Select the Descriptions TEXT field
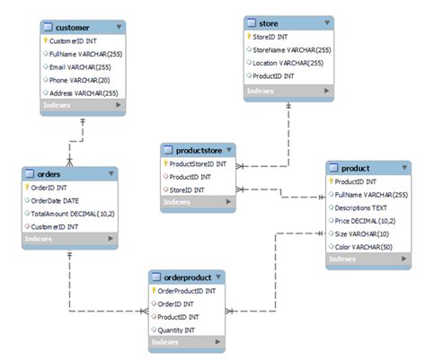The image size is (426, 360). [368, 206]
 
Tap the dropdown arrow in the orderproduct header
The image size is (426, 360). [218, 277]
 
